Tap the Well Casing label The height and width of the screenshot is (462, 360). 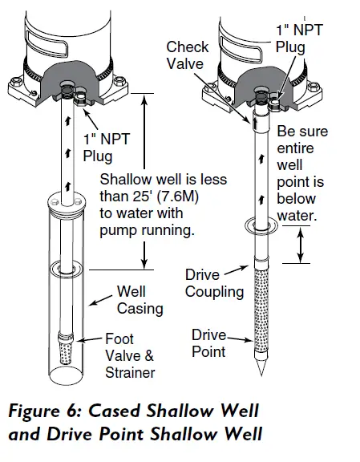click(140, 301)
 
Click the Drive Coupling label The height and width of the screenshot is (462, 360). click(214, 283)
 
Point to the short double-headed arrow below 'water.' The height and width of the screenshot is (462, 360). click(301, 245)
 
